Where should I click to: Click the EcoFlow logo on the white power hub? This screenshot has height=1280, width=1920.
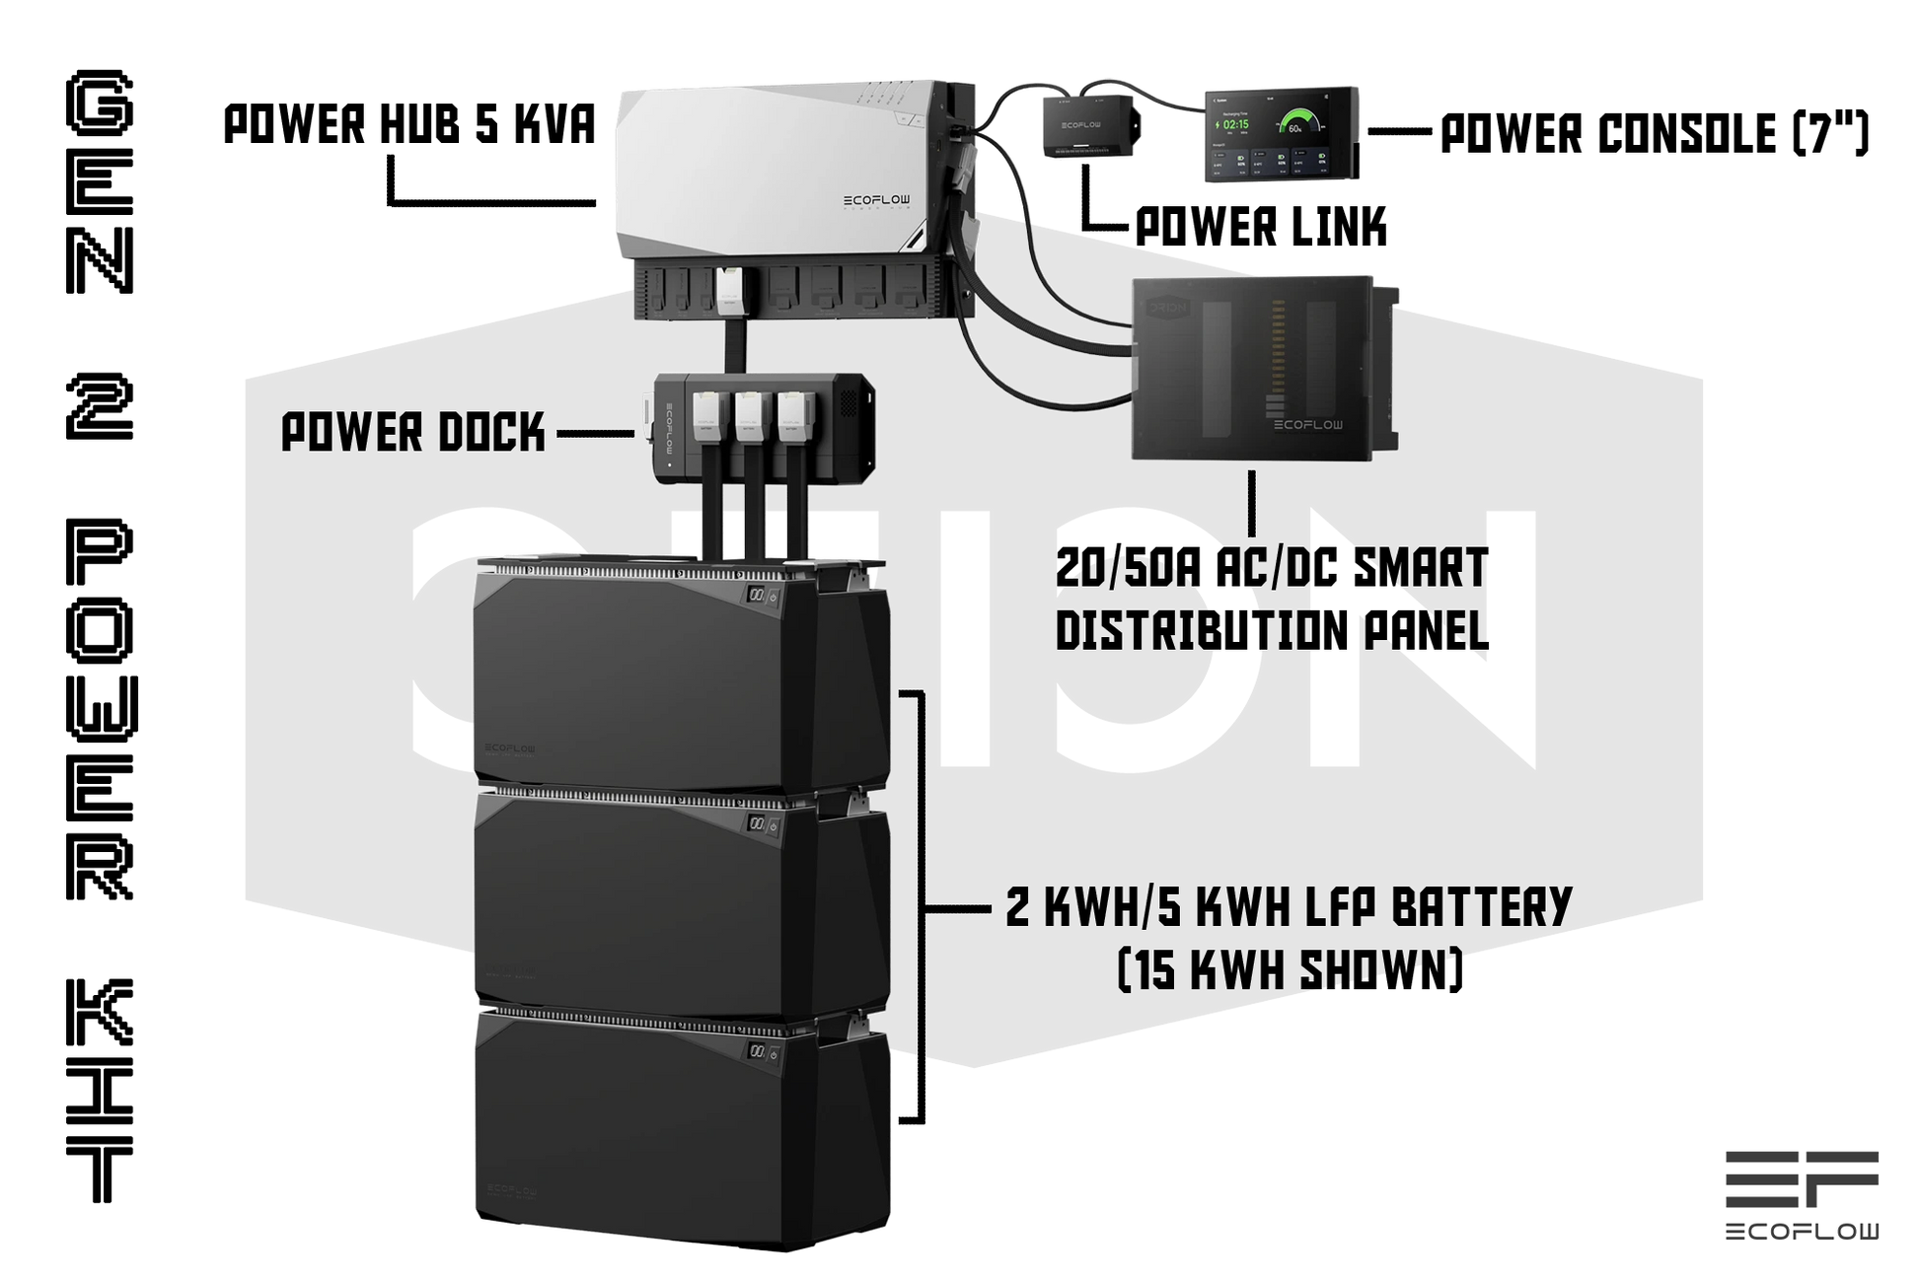[876, 200]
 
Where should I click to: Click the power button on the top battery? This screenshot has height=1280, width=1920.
[774, 596]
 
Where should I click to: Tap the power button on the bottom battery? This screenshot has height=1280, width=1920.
[774, 1054]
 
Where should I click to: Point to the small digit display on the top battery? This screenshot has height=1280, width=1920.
[756, 596]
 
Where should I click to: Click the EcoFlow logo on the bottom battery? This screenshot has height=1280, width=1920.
[505, 1191]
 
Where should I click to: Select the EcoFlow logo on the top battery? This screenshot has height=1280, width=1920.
[505, 749]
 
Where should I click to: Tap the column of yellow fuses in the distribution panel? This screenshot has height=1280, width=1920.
[1280, 345]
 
